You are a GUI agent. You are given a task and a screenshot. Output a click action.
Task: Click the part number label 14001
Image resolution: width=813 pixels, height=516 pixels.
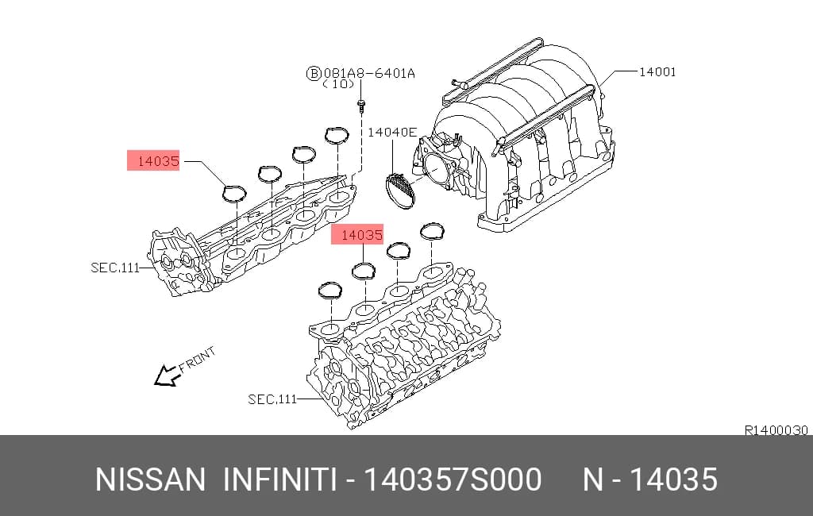pyautogui.click(x=657, y=71)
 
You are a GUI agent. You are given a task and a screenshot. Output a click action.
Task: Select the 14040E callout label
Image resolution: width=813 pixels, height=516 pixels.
pyautogui.click(x=392, y=133)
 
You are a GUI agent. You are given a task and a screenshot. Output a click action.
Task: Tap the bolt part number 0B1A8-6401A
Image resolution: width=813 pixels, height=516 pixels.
pyautogui.click(x=369, y=73)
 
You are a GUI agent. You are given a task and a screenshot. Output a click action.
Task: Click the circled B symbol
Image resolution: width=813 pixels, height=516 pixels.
pyautogui.click(x=313, y=73)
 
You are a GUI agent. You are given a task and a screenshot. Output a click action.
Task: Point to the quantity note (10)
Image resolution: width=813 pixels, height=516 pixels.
pyautogui.click(x=339, y=84)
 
